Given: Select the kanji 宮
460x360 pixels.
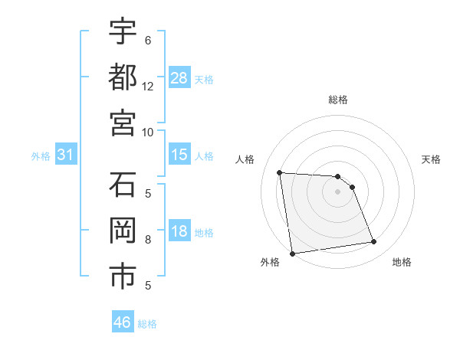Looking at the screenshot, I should [123, 122].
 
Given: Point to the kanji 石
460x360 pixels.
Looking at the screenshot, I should [123, 185].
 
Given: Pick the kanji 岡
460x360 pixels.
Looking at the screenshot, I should [123, 231].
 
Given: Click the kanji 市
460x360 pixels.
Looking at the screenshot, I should [123, 276].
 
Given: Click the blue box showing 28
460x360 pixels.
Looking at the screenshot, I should [179, 77].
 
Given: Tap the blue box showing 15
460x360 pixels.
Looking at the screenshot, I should [179, 155].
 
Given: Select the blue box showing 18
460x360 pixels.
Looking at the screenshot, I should [179, 231].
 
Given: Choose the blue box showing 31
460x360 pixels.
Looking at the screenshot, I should [65, 155].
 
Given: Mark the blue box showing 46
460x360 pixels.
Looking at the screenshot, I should [123, 322].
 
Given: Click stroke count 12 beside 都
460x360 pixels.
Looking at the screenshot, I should [148, 86].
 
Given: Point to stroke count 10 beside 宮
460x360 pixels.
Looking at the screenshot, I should [148, 132].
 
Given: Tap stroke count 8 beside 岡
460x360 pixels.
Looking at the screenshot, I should [148, 239].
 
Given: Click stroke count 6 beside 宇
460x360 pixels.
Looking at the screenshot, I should [148, 40].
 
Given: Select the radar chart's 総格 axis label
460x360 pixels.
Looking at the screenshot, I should [337, 100].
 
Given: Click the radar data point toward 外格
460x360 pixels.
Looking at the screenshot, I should [292, 254].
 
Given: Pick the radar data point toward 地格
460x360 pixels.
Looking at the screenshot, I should [374, 242].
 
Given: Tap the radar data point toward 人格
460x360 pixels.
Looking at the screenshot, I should [280, 172].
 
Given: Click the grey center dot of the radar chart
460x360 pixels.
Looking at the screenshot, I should [337, 191].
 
